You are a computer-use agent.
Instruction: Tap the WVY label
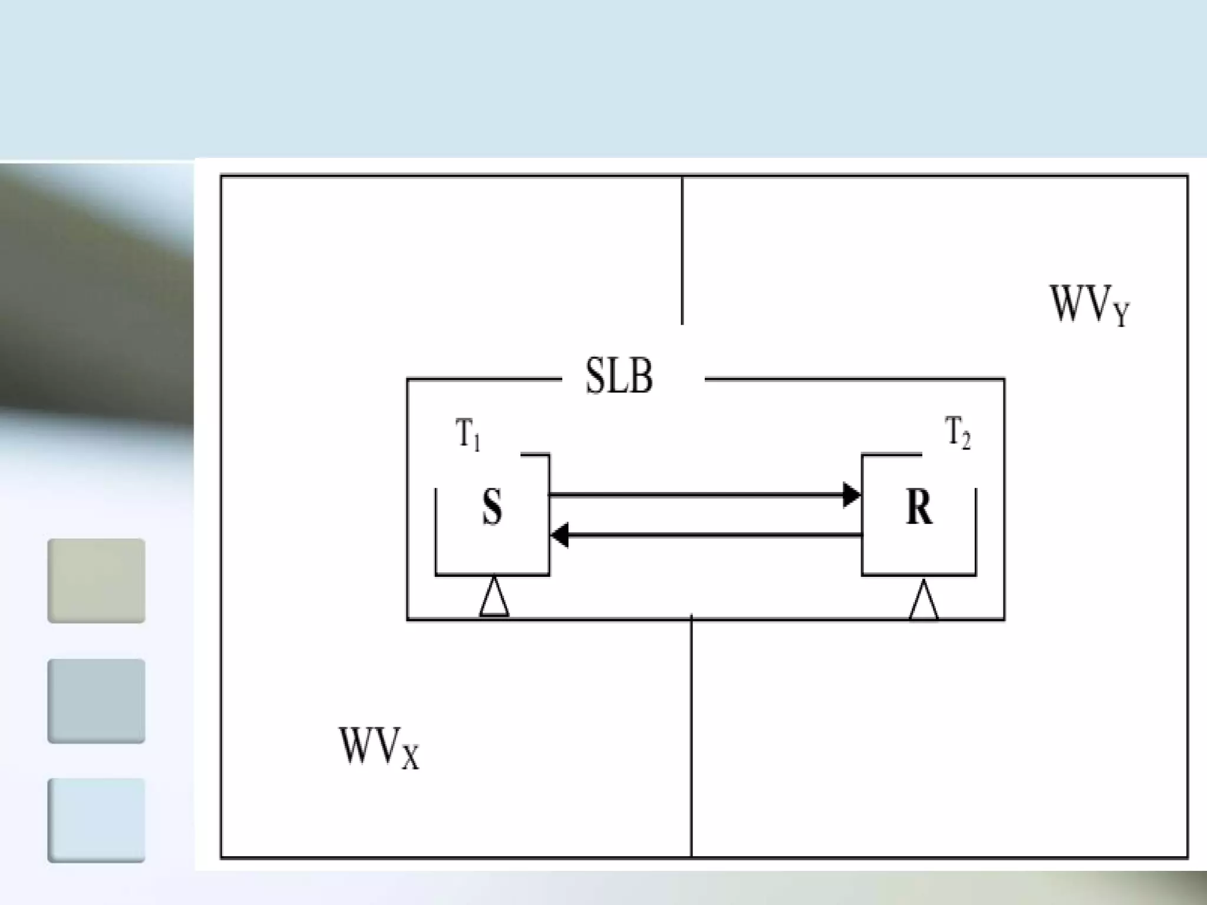coord(1089,305)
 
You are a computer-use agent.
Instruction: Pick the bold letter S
coord(492,508)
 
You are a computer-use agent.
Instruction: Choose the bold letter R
coord(919,508)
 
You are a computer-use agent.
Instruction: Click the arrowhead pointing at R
coord(852,495)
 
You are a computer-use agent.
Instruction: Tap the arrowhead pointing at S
coord(559,535)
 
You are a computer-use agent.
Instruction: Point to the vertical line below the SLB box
coord(691,736)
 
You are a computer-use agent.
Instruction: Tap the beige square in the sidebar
coord(96,580)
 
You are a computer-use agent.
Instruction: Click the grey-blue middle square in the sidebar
coord(96,701)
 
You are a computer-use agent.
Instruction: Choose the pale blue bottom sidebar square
coord(96,821)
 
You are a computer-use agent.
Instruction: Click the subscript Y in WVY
coord(1121,313)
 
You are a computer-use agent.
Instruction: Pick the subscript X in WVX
coord(410,757)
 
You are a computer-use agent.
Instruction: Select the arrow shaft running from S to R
coord(695,495)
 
